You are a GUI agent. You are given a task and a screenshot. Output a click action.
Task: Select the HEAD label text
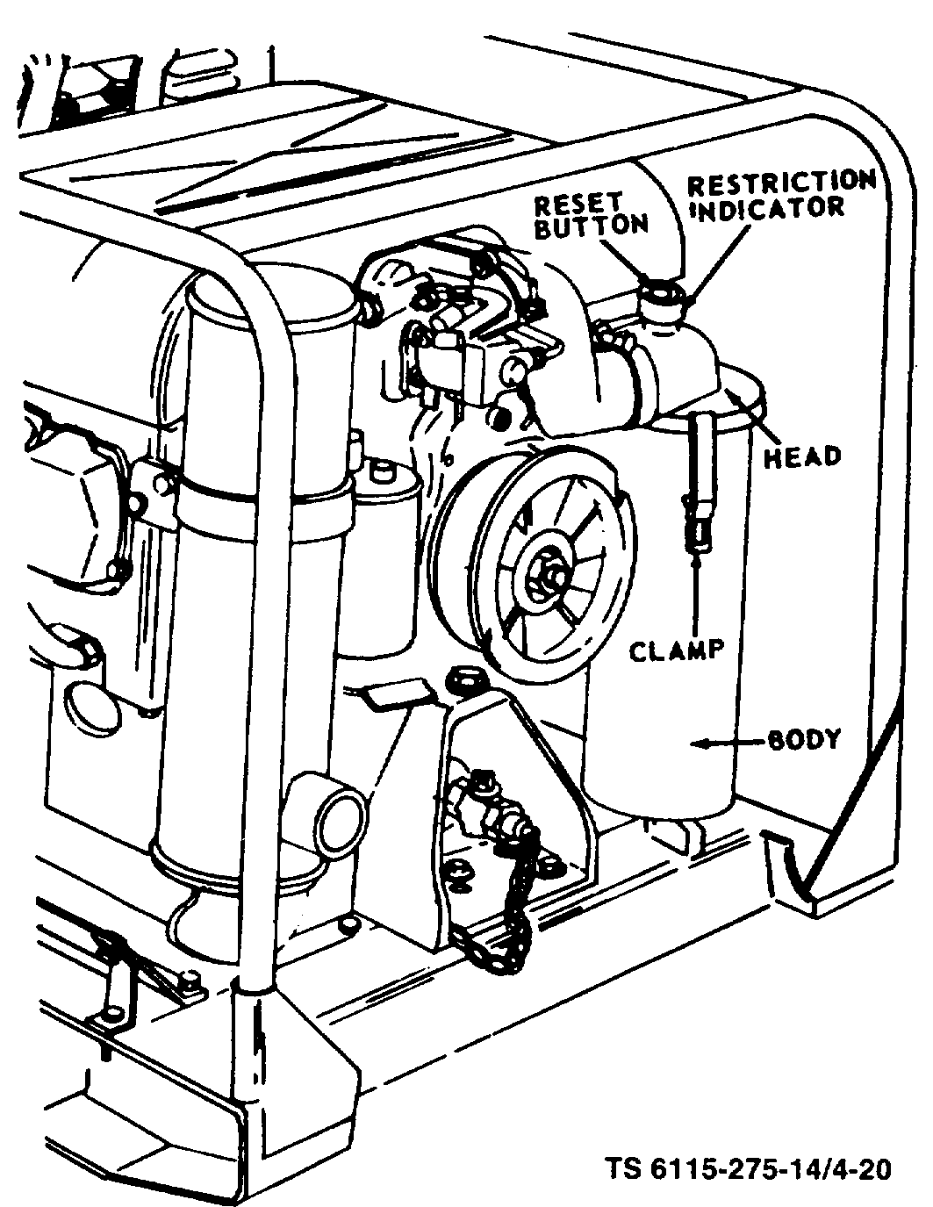click(x=802, y=456)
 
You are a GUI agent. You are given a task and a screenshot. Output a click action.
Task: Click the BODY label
click(x=804, y=739)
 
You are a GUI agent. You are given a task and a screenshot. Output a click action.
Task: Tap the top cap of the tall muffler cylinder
click(x=271, y=298)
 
